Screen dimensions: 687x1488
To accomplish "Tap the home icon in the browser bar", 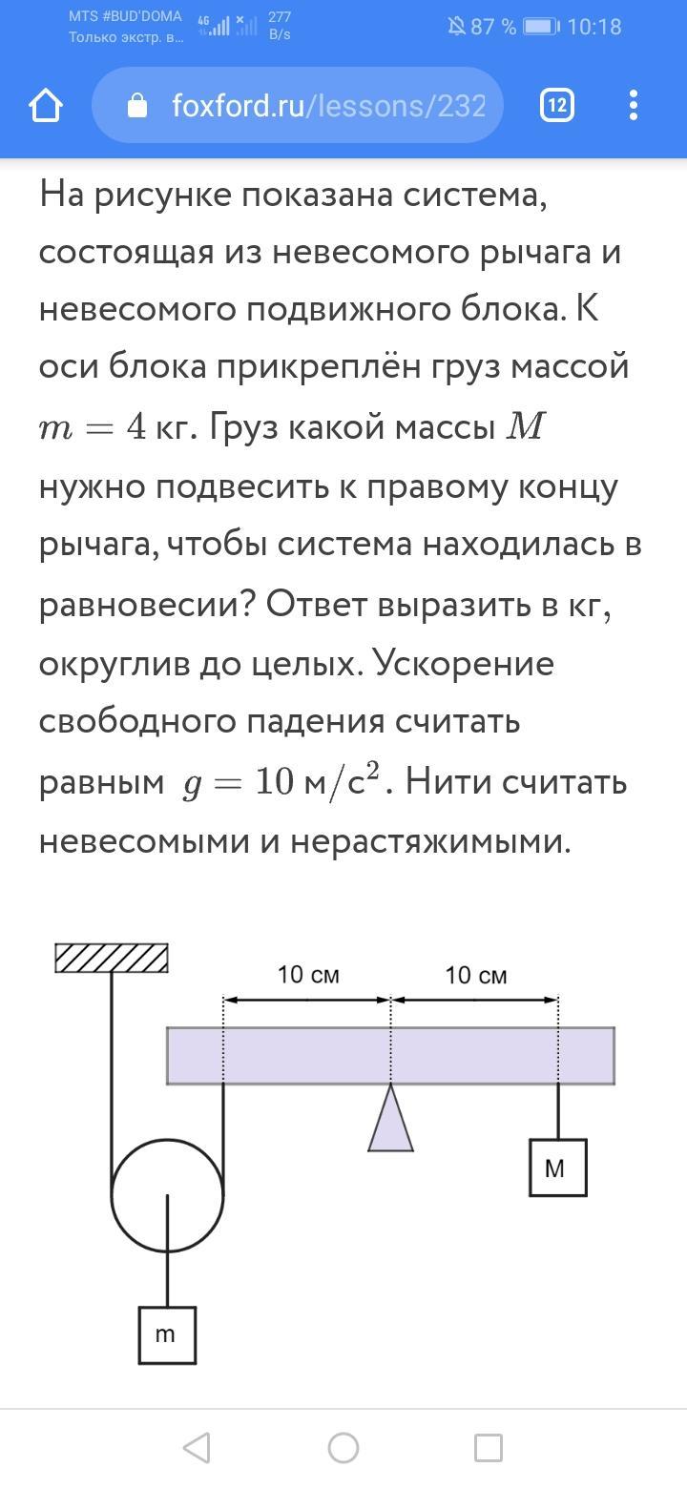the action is coord(46,106).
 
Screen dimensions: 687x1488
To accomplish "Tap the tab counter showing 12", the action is coord(556,106).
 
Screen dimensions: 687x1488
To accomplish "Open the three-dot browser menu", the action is coord(634,106).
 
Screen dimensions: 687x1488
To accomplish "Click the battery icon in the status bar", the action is coord(540,27).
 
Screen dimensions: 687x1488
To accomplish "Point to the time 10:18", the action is coord(593,27).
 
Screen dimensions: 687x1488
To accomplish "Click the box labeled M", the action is coord(557,1168).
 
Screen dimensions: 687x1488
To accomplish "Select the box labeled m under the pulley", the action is coord(167,1334).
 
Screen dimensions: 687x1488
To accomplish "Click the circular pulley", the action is coord(167,1194).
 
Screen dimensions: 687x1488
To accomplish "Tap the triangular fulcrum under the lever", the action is coord(390,1124).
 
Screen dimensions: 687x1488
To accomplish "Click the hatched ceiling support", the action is coord(112,958).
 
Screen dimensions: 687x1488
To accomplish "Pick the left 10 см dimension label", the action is coord(307,975).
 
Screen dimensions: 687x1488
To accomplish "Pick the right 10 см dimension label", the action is coord(475,975).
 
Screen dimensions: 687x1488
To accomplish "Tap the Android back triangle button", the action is coord(197,1448).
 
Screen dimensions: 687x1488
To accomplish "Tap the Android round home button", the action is coord(343,1448).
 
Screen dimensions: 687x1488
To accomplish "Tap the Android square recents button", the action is coord(489,1448).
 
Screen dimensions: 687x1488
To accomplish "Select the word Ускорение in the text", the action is coord(464,663).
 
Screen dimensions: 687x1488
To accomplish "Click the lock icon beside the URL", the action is coord(137,106).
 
